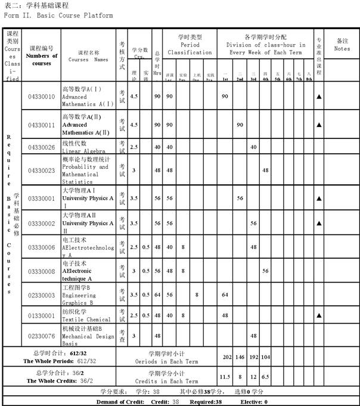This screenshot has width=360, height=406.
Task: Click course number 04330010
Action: coord(41,97)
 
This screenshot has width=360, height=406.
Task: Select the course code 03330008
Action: coord(41,271)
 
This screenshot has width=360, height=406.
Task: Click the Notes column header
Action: coord(342,45)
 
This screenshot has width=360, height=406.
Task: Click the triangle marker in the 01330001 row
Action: coord(319,314)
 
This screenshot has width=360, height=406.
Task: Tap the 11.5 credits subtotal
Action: coord(225,377)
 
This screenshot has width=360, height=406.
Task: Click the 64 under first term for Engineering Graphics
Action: coord(225,295)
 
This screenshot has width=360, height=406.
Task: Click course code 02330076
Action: coord(41,336)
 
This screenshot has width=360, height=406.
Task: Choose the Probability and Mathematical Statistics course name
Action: coord(86,171)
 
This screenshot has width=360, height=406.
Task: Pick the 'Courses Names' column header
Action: coord(88,59)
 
